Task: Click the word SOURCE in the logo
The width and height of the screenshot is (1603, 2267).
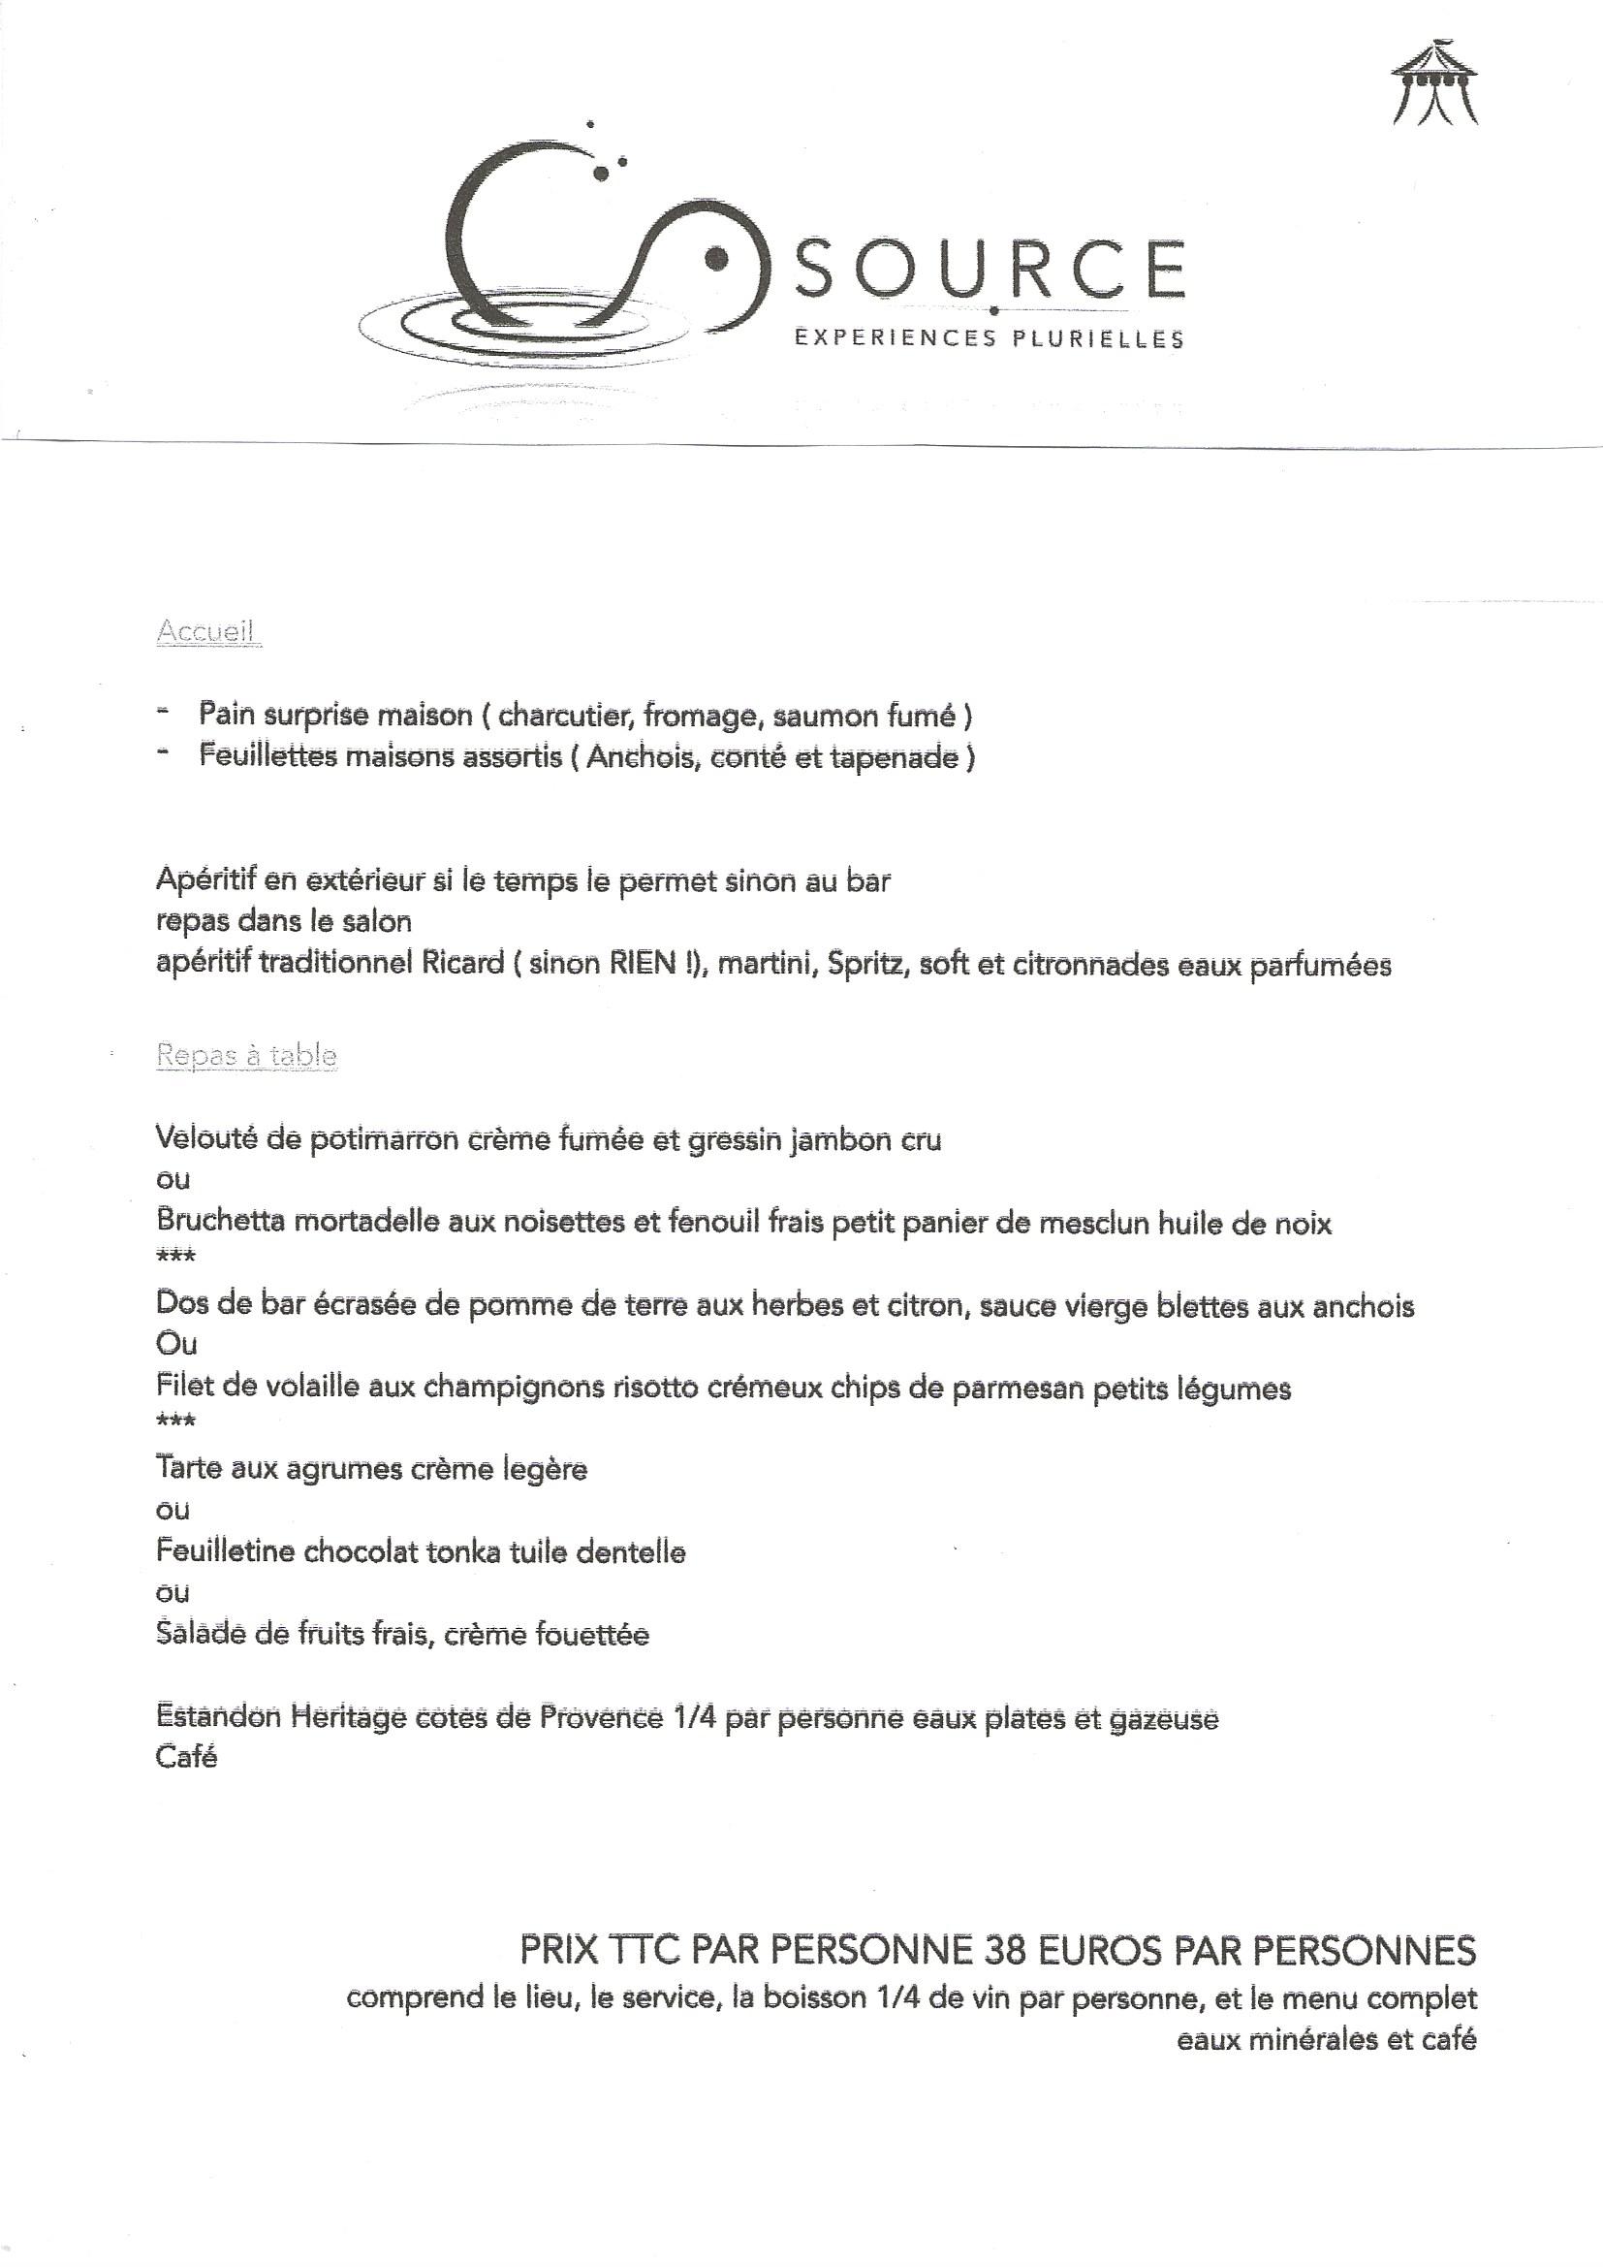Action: (x=990, y=270)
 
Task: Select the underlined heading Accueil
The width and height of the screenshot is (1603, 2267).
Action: (x=207, y=631)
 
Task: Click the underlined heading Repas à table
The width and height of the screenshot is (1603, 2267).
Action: (x=247, y=1056)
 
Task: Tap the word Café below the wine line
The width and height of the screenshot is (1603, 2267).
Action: (x=186, y=1758)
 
